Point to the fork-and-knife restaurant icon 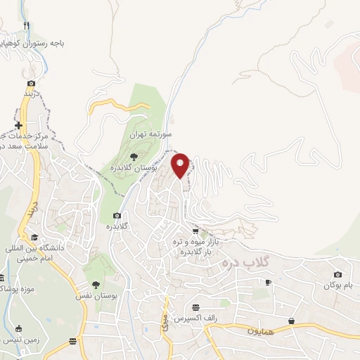(27, 26)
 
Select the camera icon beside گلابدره (117, 216)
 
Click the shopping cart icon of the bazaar (195, 231)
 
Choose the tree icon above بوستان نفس (95, 285)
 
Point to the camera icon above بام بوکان (337, 274)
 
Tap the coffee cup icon (267, 282)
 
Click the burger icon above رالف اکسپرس (197, 307)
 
